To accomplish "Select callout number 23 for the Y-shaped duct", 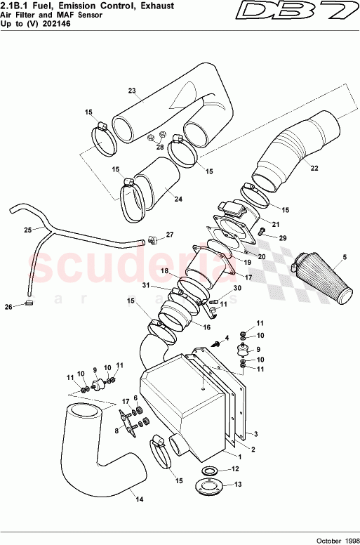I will [131, 91].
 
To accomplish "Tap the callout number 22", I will [314, 169].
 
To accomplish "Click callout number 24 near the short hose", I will [178, 199].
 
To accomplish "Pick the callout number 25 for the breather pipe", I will [27, 230].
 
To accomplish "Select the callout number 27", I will [169, 235].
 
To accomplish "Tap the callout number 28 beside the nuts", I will [160, 147].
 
